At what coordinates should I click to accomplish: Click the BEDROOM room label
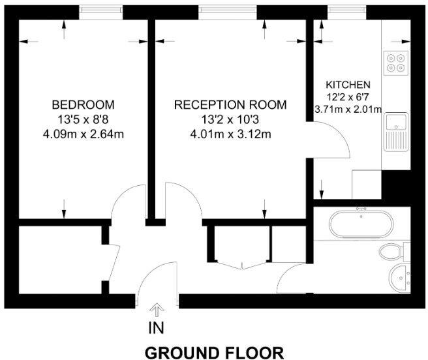[x=83, y=104]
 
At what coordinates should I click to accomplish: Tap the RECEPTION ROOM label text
[x=230, y=104]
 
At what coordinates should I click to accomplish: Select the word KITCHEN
[x=348, y=85]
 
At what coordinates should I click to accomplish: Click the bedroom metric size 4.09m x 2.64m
[x=83, y=134]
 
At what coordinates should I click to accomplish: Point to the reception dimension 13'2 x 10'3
[x=230, y=119]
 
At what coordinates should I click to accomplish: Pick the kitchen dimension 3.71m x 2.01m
[x=348, y=109]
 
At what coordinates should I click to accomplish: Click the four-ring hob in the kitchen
[x=395, y=61]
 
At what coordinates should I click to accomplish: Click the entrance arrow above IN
[x=157, y=308]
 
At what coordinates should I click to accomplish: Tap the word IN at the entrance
[x=157, y=325]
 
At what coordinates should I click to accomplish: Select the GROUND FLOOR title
[x=214, y=353]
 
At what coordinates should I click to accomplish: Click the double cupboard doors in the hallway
[x=241, y=261]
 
